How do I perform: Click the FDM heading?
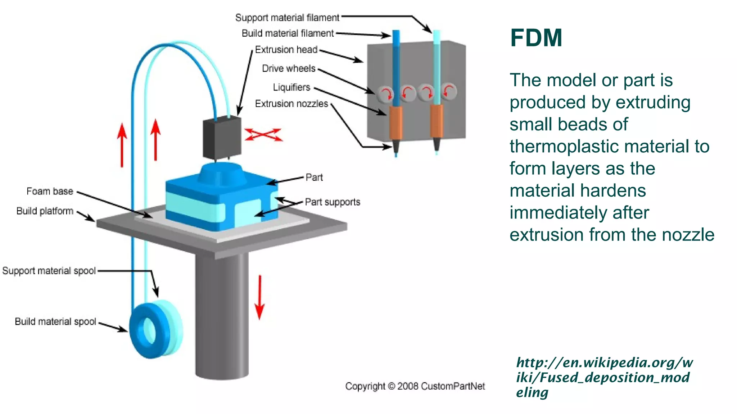coord(536,38)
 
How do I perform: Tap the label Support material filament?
coord(287,18)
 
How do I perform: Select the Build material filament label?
coord(288,33)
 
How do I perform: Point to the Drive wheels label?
coord(288,68)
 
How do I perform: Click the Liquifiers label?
coord(291,87)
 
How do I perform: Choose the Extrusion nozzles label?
coord(291,104)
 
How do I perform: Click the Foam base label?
coord(50,191)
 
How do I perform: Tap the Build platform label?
coord(45,211)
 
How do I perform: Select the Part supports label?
coord(332,202)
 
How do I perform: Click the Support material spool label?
coord(49,271)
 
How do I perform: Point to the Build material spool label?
coord(55,321)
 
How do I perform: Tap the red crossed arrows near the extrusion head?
coord(263,135)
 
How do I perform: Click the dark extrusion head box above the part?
coord(222,138)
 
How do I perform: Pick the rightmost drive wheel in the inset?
coord(449,91)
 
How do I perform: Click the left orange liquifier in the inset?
coord(395,123)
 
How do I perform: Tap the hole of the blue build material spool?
coord(149,330)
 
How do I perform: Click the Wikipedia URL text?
coord(604,377)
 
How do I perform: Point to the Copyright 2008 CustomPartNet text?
coord(415,386)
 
